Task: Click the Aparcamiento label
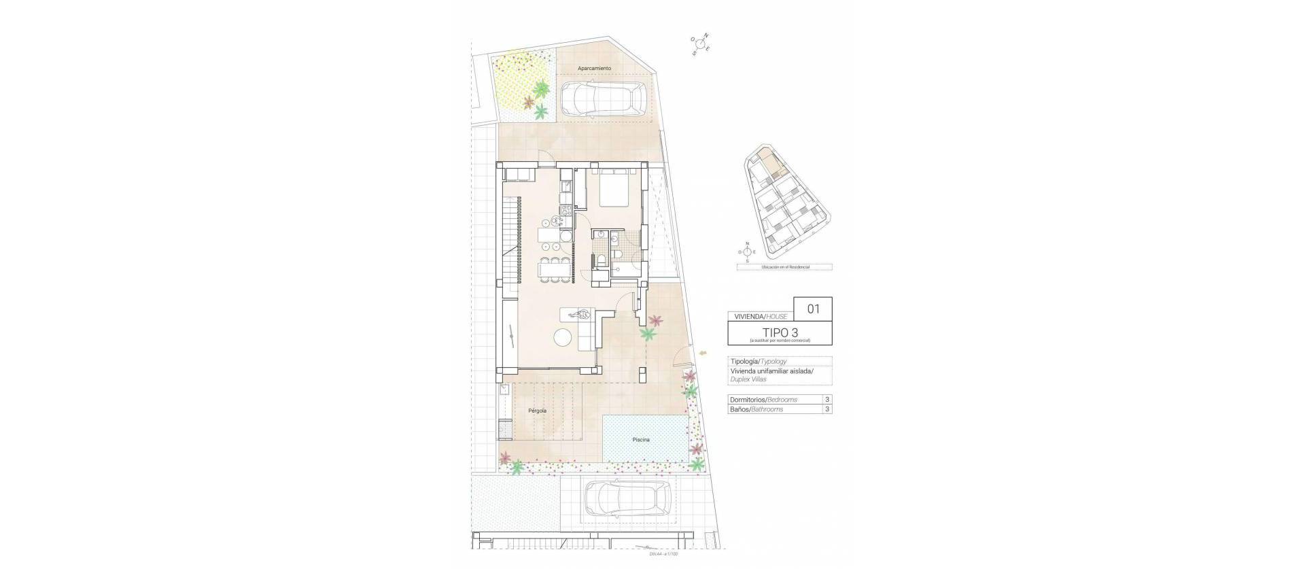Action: pos(594,69)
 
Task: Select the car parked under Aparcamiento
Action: pos(602,100)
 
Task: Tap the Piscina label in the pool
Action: pos(640,440)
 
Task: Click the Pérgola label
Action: pos(537,411)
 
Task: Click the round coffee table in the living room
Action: pos(563,337)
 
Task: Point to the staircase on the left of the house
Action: pos(512,241)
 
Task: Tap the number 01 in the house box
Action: pos(813,309)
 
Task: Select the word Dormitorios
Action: pos(746,400)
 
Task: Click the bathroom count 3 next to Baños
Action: pos(826,409)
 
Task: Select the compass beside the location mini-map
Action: pos(747,252)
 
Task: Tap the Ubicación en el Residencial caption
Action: pos(784,268)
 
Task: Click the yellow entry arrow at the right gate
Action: pos(701,352)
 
